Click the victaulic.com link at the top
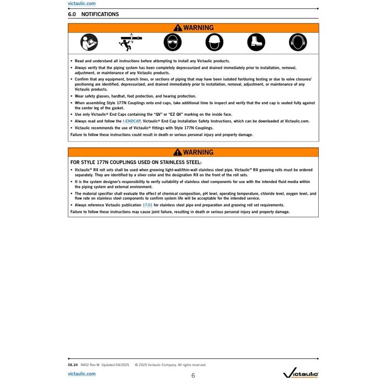click(82, 3)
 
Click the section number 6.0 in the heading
click(72, 14)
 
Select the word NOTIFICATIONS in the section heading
click(100, 14)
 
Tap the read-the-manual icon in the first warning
click(89, 42)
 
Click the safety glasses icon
click(172, 42)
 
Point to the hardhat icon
click(214, 42)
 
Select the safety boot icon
click(256, 42)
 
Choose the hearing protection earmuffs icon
click(297, 42)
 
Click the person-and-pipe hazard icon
click(130, 42)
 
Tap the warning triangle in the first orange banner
click(177, 28)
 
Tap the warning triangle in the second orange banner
click(177, 152)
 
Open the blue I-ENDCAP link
click(131, 121)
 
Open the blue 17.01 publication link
click(147, 205)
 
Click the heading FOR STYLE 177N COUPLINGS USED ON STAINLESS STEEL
click(136, 162)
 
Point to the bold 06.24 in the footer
click(72, 364)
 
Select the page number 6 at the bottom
click(193, 376)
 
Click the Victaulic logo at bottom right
click(300, 374)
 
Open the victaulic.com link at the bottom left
click(82, 373)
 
